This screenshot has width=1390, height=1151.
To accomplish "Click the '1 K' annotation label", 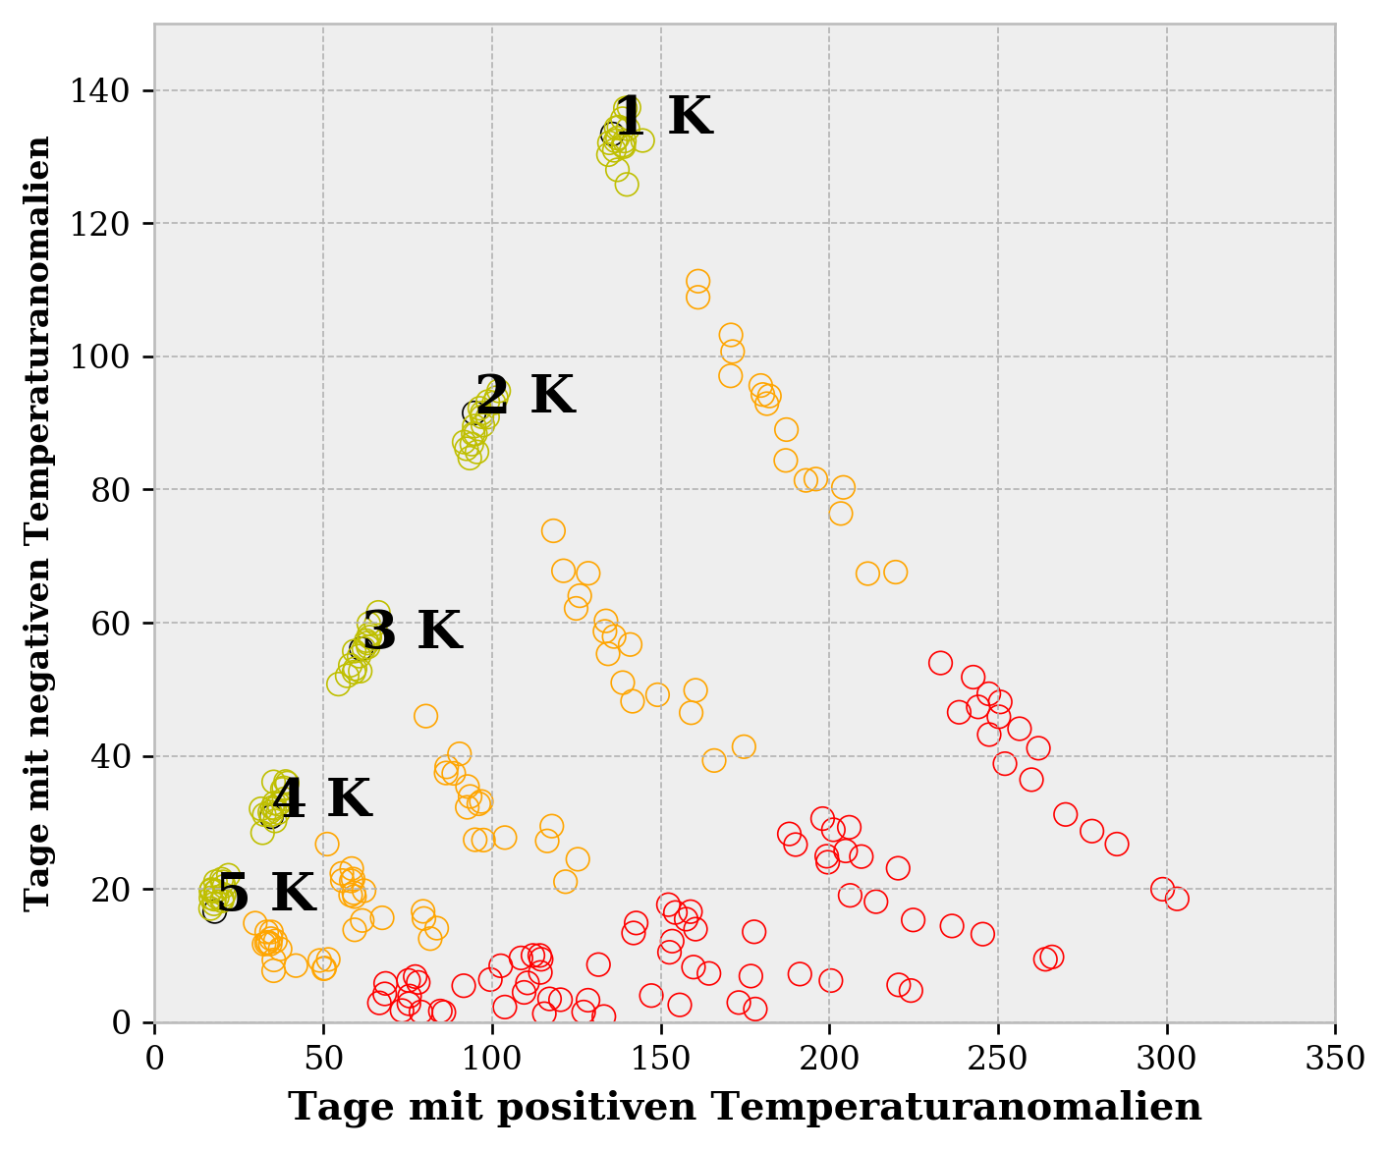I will tap(662, 117).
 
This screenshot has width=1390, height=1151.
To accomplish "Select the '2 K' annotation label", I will tap(525, 396).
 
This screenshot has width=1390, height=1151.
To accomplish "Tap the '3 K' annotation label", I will tap(412, 630).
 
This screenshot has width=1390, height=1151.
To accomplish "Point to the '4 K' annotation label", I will tap(321, 799).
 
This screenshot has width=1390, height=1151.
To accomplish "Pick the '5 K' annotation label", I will tap(265, 894).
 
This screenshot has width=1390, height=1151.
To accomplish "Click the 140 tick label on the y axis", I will tap(98, 91).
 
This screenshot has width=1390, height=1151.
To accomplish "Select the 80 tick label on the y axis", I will tap(109, 490).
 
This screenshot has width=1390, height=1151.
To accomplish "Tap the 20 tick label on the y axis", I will tap(109, 890).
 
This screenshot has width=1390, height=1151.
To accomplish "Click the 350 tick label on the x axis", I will tap(1335, 1060).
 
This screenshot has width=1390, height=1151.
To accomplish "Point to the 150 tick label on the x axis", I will tap(660, 1060).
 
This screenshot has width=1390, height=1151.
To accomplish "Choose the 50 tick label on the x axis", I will tap(323, 1060).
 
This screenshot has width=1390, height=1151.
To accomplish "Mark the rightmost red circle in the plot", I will tap(1177, 899).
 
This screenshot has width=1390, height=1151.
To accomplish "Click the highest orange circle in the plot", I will tap(697, 282).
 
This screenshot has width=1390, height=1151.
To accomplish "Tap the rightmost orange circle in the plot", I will tap(895, 572).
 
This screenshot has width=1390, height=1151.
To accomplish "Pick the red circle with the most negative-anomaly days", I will tap(940, 663).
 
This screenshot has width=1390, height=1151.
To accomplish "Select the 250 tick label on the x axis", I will tap(998, 1060).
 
